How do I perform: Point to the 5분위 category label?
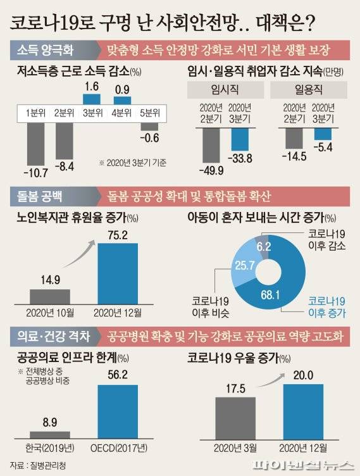click(x=151, y=114)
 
